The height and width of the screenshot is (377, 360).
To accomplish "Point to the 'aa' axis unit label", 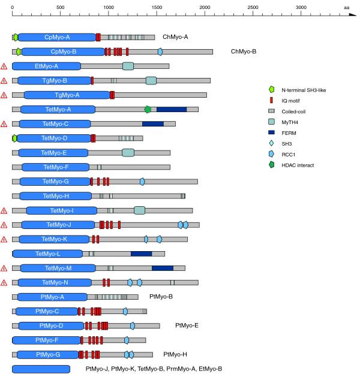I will [347, 6].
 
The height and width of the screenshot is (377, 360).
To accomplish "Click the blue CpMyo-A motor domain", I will [57, 37].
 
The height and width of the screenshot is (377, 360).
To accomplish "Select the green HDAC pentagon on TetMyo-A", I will [148, 109].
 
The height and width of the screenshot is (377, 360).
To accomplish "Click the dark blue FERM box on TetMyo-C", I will [153, 123].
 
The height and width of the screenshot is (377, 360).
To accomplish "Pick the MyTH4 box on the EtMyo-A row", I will [128, 66].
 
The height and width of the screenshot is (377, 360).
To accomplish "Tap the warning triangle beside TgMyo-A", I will [5, 95].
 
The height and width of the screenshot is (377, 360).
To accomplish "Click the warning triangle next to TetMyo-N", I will [5, 282].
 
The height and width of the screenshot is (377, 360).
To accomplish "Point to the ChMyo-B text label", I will [244, 52].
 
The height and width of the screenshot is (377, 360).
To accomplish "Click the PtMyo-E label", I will [187, 325].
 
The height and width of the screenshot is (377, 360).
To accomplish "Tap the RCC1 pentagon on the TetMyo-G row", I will [142, 181].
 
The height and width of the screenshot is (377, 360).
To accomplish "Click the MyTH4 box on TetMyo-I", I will [139, 210].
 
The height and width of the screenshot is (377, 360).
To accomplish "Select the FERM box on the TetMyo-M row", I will [163, 268].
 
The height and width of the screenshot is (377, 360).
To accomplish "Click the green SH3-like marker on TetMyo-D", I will [15, 138].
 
